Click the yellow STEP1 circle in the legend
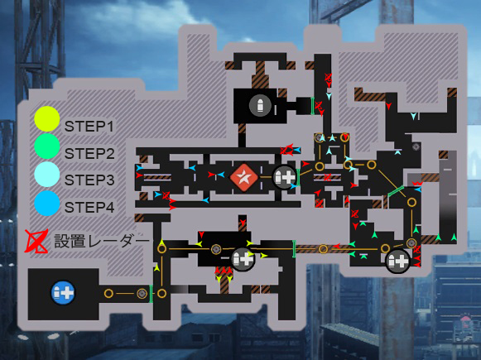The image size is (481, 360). pos(47,119)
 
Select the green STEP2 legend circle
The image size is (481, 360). pos(47,146)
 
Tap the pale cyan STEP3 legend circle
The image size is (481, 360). pos(47,174)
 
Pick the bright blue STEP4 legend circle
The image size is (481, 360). pos(47,204)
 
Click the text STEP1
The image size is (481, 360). pos(89,127)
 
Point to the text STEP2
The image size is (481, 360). pos(89,154)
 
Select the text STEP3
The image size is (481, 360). pos(89,180)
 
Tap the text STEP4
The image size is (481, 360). pos(89,207)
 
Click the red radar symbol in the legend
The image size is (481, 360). pos(36,242)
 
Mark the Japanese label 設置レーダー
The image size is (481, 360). pos(101,241)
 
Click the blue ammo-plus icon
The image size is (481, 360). pos(63,293)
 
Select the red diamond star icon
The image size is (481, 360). pos(244,177)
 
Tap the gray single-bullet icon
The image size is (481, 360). pos(260,105)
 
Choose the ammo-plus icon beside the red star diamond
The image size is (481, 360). pos(284,177)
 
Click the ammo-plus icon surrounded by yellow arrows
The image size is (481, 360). pos(243,260)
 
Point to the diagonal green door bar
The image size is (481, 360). pos(396,191)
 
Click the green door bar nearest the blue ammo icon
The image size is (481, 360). pos(151,294)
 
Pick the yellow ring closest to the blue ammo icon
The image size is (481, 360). pos(108,294)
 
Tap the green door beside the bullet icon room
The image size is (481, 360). pos(313,106)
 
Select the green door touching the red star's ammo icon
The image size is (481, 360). pos(298,177)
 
